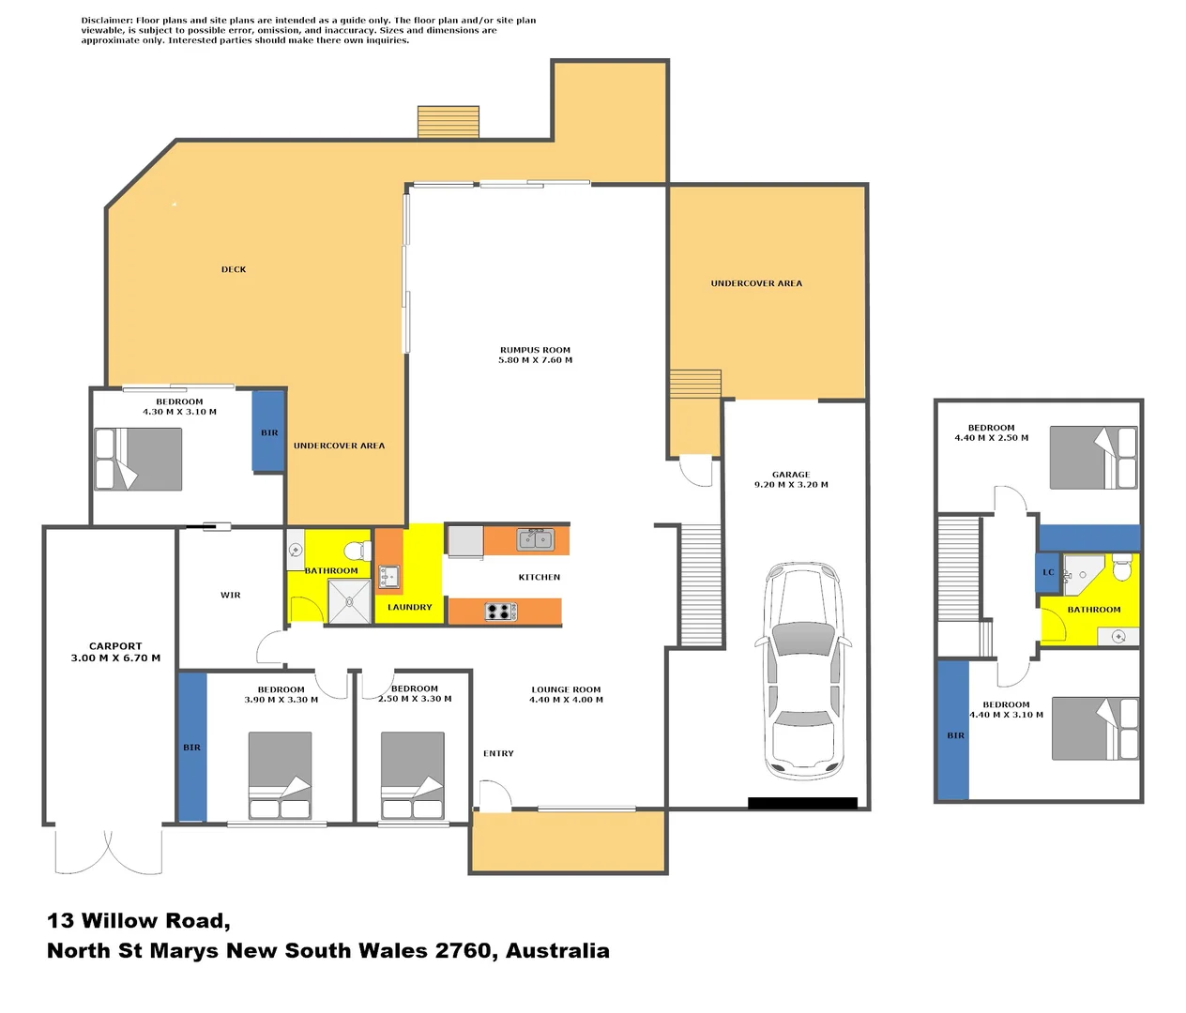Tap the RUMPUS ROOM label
[x=535, y=350]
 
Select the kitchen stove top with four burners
[x=501, y=612]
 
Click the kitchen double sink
[x=536, y=539]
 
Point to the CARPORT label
[x=115, y=646]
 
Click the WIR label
[x=231, y=595]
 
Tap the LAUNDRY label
[x=410, y=607]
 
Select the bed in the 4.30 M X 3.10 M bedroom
[x=139, y=459]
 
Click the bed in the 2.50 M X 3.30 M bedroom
[x=413, y=776]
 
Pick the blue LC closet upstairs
[x=1048, y=572]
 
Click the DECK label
[x=234, y=269]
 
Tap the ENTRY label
[x=498, y=753]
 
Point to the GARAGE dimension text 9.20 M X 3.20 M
[x=791, y=485]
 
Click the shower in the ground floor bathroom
[x=349, y=601]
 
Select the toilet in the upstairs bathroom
[x=1122, y=568]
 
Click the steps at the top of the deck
[x=449, y=122]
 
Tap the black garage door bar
[x=802, y=803]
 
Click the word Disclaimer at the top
[x=106, y=21]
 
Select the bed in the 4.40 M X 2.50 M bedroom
[x=1093, y=458]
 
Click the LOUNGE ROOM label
[x=566, y=689]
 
